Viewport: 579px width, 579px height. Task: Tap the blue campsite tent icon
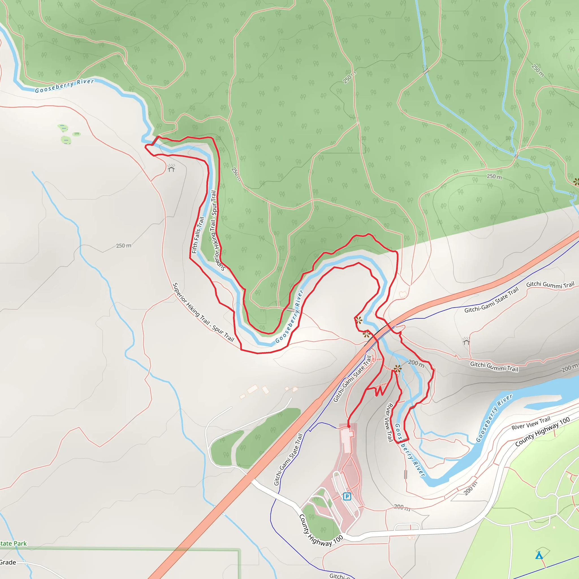pyautogui.click(x=539, y=555)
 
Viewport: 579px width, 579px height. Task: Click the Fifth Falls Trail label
pyautogui.click(x=198, y=235)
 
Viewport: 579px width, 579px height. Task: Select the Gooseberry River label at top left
pyautogui.click(x=64, y=86)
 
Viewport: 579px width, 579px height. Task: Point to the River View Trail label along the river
pyautogui.click(x=389, y=422)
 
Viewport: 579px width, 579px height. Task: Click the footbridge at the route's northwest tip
pyautogui.click(x=155, y=141)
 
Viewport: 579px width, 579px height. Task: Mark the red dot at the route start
pyautogui.click(x=349, y=426)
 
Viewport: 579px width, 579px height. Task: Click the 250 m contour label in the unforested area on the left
pyautogui.click(x=124, y=246)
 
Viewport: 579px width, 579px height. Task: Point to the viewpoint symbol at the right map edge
pyautogui.click(x=576, y=182)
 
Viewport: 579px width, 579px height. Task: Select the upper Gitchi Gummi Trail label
pyautogui.click(x=550, y=285)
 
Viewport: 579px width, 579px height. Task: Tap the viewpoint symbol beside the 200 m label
pyautogui.click(x=397, y=369)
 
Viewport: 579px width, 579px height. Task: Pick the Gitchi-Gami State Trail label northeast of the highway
pyautogui.click(x=491, y=300)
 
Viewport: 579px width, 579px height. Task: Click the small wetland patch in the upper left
pyautogui.click(x=66, y=140)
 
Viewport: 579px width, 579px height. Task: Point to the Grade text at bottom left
pyautogui.click(x=8, y=562)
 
